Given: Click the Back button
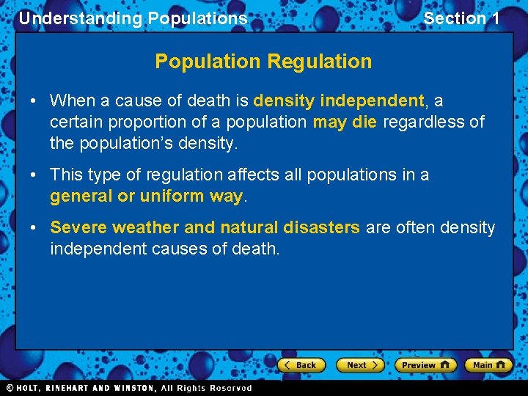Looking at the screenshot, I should tap(300, 364).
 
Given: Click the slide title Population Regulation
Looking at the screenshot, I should tap(263, 62).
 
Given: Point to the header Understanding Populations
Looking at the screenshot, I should tap(133, 18).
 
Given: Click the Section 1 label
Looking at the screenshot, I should tap(461, 18).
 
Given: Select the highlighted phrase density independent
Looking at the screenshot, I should tap(339, 100).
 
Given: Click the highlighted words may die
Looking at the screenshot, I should tap(345, 122).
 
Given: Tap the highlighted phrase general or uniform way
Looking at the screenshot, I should tap(146, 197).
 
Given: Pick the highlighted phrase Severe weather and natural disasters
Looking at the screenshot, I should tap(205, 228).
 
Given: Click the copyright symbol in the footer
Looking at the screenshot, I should tap(10, 388).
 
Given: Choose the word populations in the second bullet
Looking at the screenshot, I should tap(348, 175).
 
